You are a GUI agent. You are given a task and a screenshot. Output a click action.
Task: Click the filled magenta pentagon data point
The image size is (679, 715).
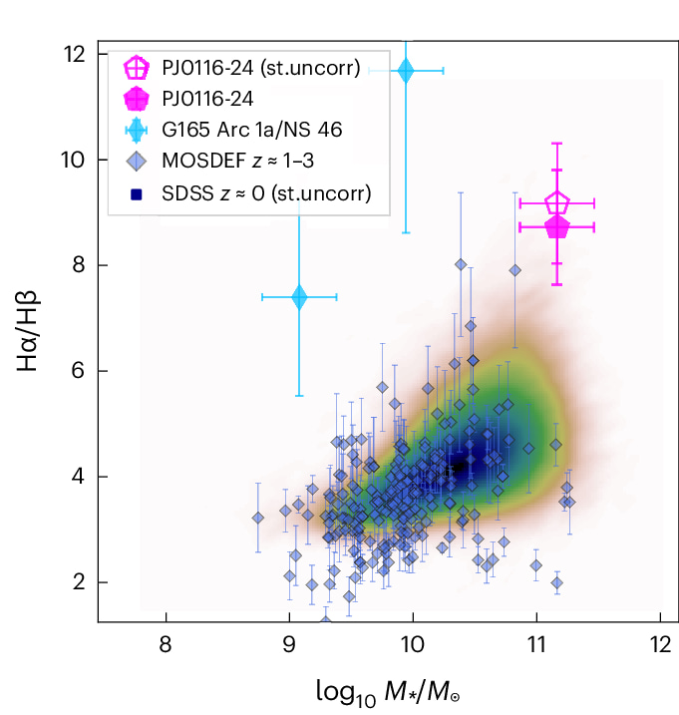(x=557, y=227)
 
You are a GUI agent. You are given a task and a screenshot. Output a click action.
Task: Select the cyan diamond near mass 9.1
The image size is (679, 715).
(x=298, y=296)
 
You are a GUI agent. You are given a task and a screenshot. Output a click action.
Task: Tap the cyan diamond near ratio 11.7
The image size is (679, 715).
(x=405, y=71)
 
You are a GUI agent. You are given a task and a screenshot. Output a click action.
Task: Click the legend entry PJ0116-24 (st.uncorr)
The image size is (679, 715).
(x=261, y=69)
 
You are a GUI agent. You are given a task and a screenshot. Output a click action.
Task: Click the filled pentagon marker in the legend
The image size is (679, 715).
(x=137, y=100)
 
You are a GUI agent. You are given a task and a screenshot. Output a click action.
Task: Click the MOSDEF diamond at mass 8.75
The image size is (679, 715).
(x=258, y=518)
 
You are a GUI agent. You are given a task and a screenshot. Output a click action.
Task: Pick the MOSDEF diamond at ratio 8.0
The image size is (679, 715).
(x=461, y=264)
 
